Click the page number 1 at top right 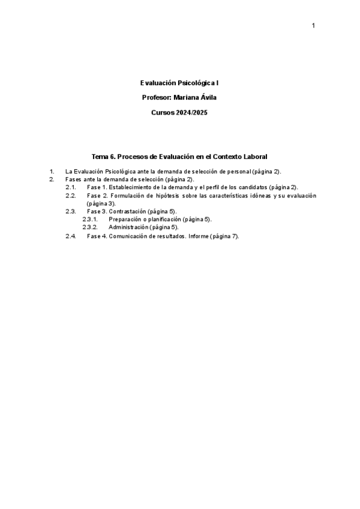click(x=313, y=25)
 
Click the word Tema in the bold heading click(x=99, y=156)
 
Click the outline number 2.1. click(x=70, y=187)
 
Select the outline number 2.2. click(x=70, y=196)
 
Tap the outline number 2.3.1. click(x=89, y=220)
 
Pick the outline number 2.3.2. click(x=89, y=227)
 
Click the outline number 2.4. click(x=70, y=236)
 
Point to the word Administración click(x=128, y=227)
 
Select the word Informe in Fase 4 click(x=199, y=236)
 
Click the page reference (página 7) click(x=224, y=236)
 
